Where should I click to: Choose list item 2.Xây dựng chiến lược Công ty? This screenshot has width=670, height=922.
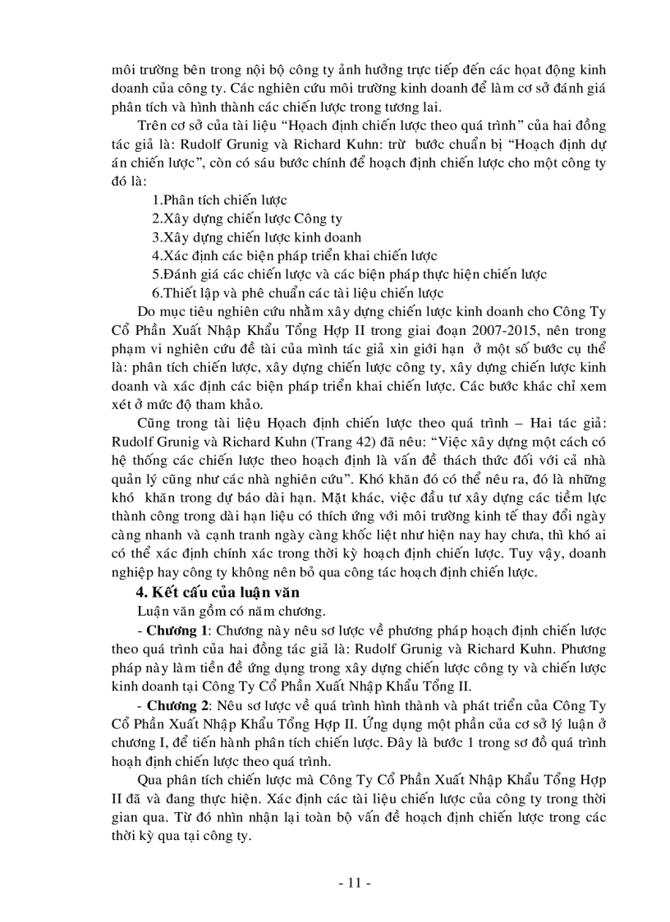point(247,218)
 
